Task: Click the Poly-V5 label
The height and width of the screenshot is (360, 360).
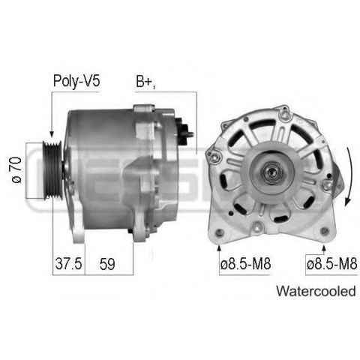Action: point(76,81)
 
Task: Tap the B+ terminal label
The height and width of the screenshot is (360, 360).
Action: point(145,81)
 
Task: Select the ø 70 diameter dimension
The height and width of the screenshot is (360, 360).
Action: point(16,170)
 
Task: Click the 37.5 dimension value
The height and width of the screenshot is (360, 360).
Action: point(68,264)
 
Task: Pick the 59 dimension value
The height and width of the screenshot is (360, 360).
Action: point(107,264)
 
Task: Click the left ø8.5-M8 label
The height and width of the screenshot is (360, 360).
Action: point(245,264)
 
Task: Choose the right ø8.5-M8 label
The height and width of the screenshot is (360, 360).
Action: point(332,264)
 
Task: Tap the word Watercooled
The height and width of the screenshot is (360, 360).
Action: point(316,291)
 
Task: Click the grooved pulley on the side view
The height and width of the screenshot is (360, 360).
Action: point(52,170)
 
